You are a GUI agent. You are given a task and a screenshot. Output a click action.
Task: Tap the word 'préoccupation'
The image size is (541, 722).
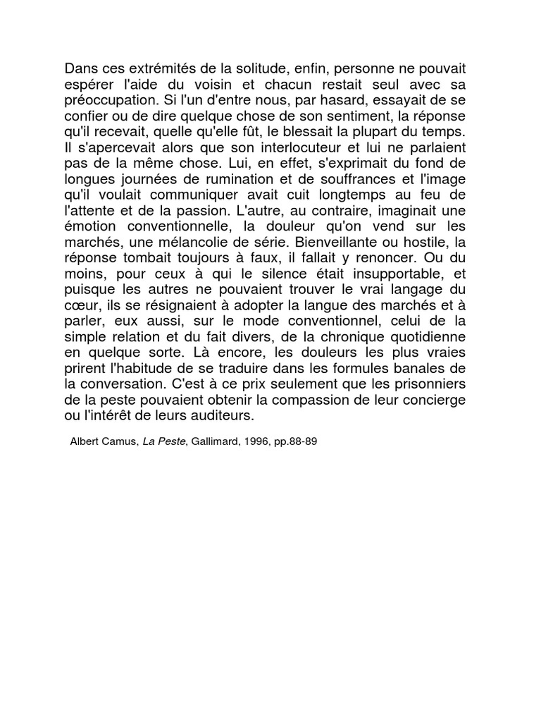106,99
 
